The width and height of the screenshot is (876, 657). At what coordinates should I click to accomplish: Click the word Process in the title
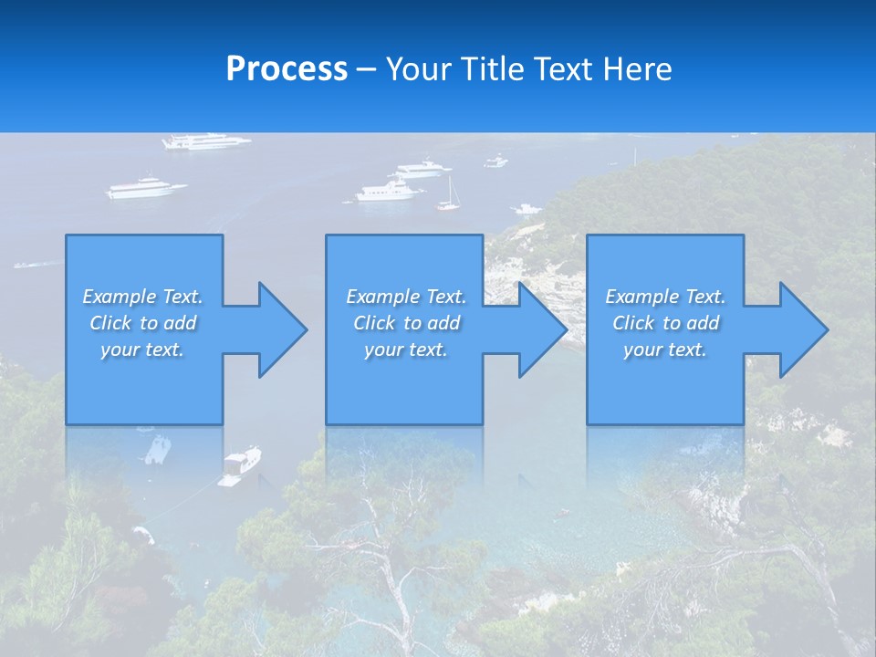click(287, 69)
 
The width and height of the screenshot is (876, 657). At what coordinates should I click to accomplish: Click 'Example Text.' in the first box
click(142, 297)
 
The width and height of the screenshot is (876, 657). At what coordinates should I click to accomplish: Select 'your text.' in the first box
click(142, 349)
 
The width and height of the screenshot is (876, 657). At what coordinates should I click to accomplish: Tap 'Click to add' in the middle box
click(406, 323)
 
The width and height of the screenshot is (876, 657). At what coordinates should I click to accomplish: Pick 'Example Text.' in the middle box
click(406, 297)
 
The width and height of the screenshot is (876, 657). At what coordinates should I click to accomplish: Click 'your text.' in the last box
click(665, 349)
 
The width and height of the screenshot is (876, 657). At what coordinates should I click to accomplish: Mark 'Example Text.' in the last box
click(665, 297)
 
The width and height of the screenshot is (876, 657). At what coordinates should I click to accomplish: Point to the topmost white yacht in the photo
click(205, 141)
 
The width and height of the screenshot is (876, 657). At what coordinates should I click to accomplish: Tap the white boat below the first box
click(241, 464)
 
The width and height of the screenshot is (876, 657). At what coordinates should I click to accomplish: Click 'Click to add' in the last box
click(665, 323)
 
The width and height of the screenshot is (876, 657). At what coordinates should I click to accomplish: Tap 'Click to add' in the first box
click(142, 323)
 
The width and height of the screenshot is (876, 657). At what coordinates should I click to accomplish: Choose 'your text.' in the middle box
click(406, 349)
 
